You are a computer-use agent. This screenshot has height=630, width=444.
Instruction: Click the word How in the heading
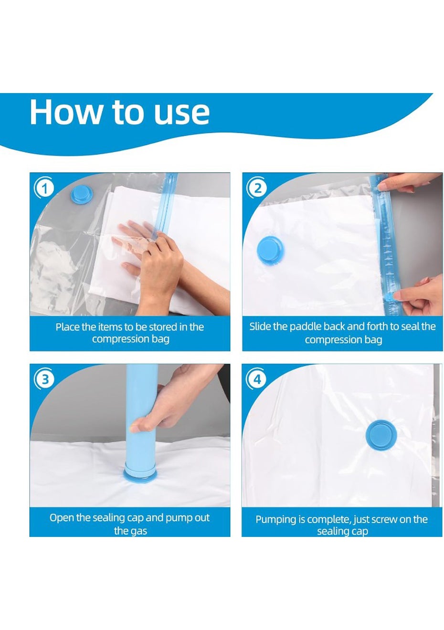[65, 112]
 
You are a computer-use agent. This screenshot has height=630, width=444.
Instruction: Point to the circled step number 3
[44, 379]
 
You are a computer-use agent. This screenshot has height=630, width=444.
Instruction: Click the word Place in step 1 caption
[67, 327]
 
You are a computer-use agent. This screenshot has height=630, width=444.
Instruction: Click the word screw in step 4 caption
[385, 520]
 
